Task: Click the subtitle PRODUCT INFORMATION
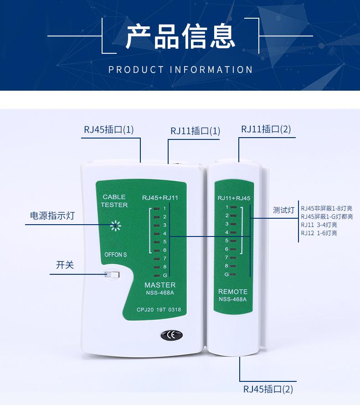point(180,70)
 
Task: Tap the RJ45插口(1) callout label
point(108,129)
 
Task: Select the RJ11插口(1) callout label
point(195,131)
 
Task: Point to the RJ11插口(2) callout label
point(266,129)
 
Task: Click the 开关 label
point(65,265)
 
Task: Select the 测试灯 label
point(283,211)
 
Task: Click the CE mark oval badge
point(171,335)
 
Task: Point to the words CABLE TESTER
point(114,201)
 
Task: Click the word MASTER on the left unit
point(159,285)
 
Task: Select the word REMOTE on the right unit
point(232,291)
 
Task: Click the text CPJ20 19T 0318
point(159,310)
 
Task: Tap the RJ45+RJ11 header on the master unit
point(160,198)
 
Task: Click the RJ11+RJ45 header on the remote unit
point(234,198)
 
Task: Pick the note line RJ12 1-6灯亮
point(319,233)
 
